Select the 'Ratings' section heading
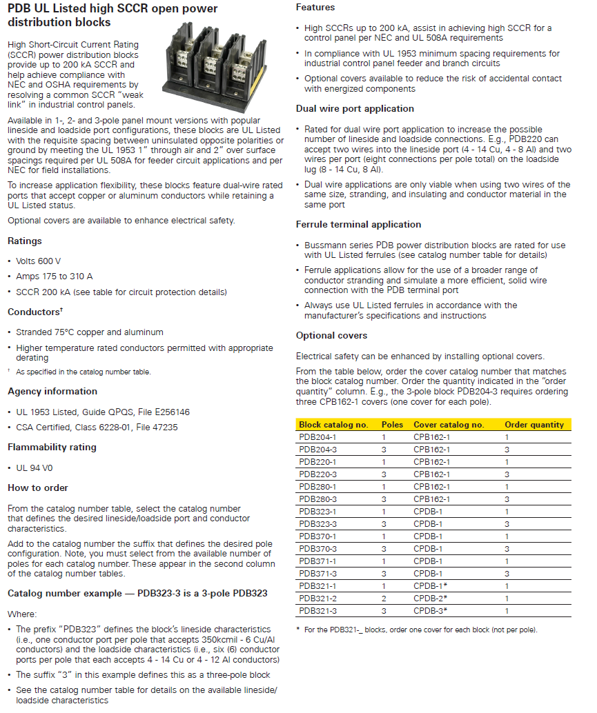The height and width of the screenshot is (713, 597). (x=25, y=241)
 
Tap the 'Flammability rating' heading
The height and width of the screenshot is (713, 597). (x=52, y=447)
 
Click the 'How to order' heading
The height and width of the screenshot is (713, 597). (x=38, y=488)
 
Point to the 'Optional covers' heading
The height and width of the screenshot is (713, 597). (x=331, y=335)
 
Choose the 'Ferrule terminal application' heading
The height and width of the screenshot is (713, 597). (x=358, y=224)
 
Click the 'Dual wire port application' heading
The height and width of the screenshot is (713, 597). (x=355, y=108)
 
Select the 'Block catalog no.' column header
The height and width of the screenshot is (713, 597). (x=333, y=425)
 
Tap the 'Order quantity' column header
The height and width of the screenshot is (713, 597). (x=534, y=425)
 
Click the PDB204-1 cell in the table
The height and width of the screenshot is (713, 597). (x=317, y=437)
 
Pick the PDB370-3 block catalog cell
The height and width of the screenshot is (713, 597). (x=317, y=549)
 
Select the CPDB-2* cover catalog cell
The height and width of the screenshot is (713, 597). (x=431, y=599)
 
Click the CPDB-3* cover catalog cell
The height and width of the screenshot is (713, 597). (x=431, y=611)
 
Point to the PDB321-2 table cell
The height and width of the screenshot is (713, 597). (x=317, y=599)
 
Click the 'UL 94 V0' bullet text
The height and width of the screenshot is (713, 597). (x=35, y=468)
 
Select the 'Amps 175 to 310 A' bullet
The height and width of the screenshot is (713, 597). (x=54, y=277)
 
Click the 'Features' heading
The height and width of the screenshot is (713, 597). (x=315, y=7)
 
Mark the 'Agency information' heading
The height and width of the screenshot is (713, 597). (x=52, y=391)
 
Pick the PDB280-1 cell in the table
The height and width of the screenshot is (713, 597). (x=317, y=487)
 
